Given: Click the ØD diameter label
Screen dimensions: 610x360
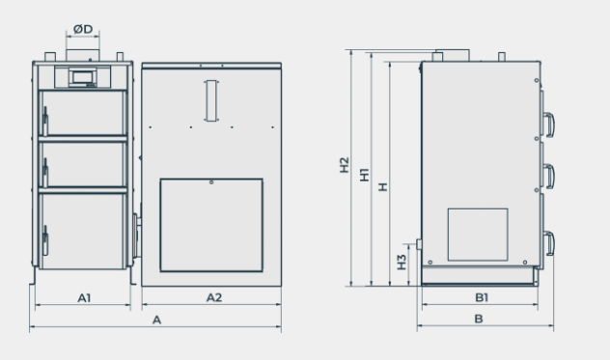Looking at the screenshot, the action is click(83, 29).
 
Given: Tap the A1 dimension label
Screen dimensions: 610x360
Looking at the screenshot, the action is click(84, 298).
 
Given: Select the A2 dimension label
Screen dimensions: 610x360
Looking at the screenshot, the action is click(214, 297).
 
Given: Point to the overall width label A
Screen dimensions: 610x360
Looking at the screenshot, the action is click(156, 319).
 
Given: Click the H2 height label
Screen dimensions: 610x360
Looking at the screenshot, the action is click(345, 165).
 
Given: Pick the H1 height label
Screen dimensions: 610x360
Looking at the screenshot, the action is click(365, 175).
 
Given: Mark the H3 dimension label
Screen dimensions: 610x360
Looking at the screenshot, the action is click(402, 262).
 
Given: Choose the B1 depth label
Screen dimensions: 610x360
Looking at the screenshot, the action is click(482, 297).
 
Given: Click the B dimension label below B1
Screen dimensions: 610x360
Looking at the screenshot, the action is click(479, 319).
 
